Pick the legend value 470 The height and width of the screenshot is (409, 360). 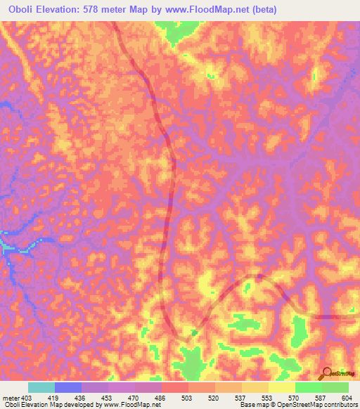point(141,397)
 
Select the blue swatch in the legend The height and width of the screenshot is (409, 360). point(67,387)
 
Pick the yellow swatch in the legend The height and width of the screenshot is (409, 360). point(281,387)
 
